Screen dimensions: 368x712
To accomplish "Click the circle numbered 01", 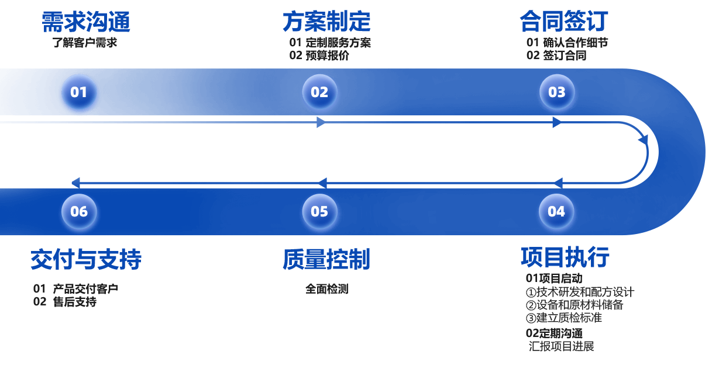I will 79,92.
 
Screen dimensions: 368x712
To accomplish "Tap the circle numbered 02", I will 319,92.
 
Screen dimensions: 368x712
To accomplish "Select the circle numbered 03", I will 556,92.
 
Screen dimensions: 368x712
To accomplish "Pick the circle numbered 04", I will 556,211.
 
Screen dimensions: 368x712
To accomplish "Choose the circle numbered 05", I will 319,211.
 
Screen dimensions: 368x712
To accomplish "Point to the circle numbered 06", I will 79,211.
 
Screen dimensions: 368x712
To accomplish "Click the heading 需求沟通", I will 86,22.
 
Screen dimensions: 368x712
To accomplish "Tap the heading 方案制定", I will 326,22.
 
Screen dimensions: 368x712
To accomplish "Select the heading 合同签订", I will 564,22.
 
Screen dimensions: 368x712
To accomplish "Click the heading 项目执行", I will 565,257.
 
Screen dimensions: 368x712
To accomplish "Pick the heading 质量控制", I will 326,259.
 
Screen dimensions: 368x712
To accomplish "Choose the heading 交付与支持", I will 86,259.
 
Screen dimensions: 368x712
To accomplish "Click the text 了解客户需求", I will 85,42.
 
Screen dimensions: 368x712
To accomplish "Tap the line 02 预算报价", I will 319,56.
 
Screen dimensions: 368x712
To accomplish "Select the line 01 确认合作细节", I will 567,42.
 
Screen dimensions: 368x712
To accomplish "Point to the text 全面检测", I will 326,288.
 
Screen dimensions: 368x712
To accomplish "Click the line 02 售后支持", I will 65,302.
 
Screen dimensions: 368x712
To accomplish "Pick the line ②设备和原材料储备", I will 575,305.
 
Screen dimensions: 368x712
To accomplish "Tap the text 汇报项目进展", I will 562,346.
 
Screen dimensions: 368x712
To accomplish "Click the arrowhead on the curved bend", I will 643,140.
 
